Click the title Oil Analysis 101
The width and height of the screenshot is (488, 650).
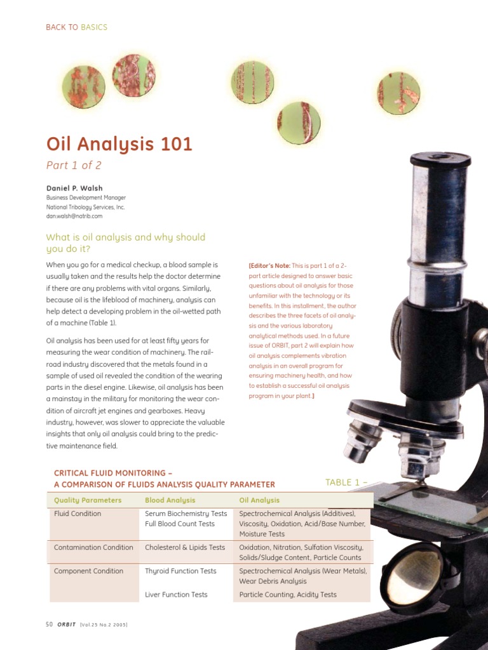click(119, 145)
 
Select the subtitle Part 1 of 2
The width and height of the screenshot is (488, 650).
click(74, 166)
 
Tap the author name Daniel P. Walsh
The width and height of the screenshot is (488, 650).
click(74, 189)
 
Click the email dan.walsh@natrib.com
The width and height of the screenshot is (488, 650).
click(74, 216)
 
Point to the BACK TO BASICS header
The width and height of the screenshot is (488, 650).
click(76, 27)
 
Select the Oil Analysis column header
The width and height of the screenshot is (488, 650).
click(259, 500)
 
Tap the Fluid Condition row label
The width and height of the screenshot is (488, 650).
click(78, 514)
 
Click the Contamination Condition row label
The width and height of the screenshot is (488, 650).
click(93, 547)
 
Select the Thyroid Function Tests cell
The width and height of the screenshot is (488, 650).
click(180, 571)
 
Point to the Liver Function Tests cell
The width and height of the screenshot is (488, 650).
click(176, 595)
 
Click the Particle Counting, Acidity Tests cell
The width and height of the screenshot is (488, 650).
click(288, 595)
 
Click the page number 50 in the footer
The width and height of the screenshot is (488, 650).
click(50, 625)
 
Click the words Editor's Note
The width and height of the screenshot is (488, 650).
click(269, 265)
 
